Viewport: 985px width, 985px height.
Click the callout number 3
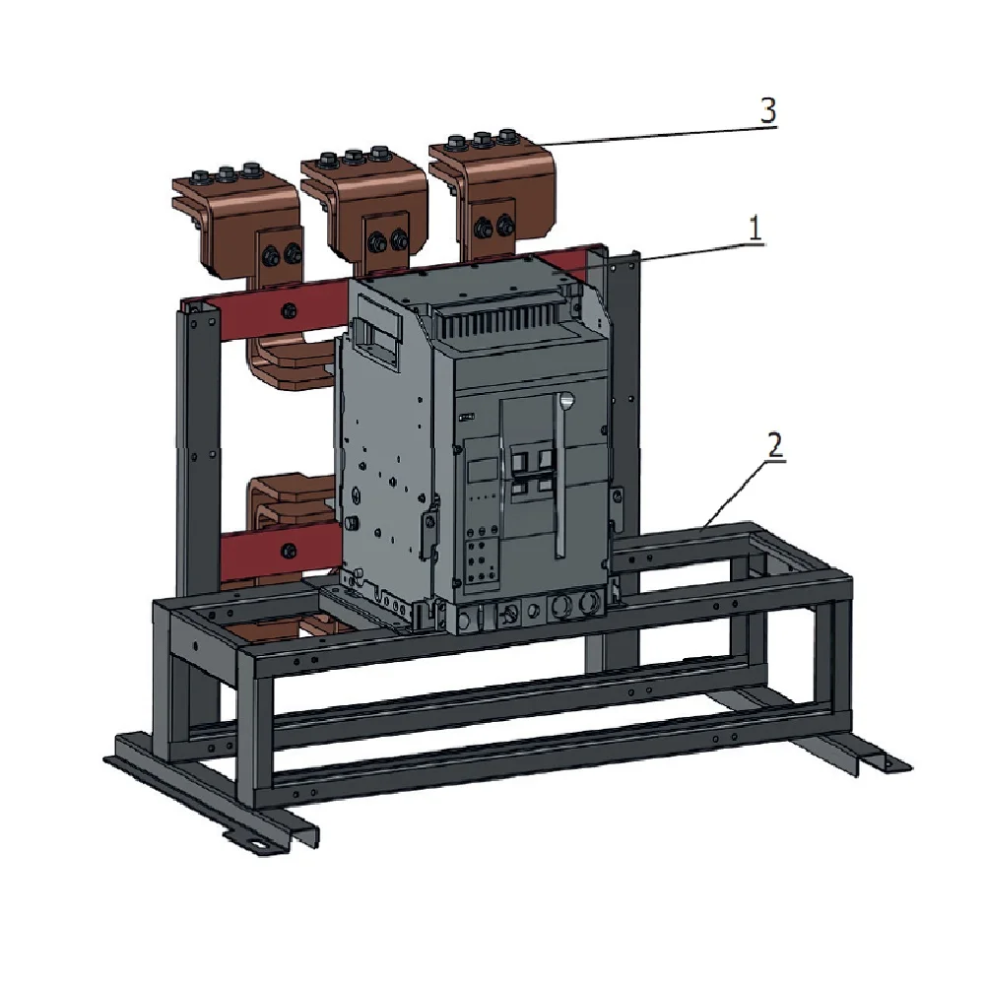tap(768, 110)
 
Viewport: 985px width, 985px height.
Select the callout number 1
tap(755, 229)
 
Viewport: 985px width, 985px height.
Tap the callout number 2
tap(775, 445)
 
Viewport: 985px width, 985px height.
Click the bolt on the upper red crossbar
tap(290, 309)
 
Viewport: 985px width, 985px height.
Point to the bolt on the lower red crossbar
tap(290, 551)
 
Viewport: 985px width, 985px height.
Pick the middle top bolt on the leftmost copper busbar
tap(227, 172)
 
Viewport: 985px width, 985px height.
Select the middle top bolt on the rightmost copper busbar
tap(483, 138)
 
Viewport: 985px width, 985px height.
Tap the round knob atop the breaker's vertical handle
tap(566, 400)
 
